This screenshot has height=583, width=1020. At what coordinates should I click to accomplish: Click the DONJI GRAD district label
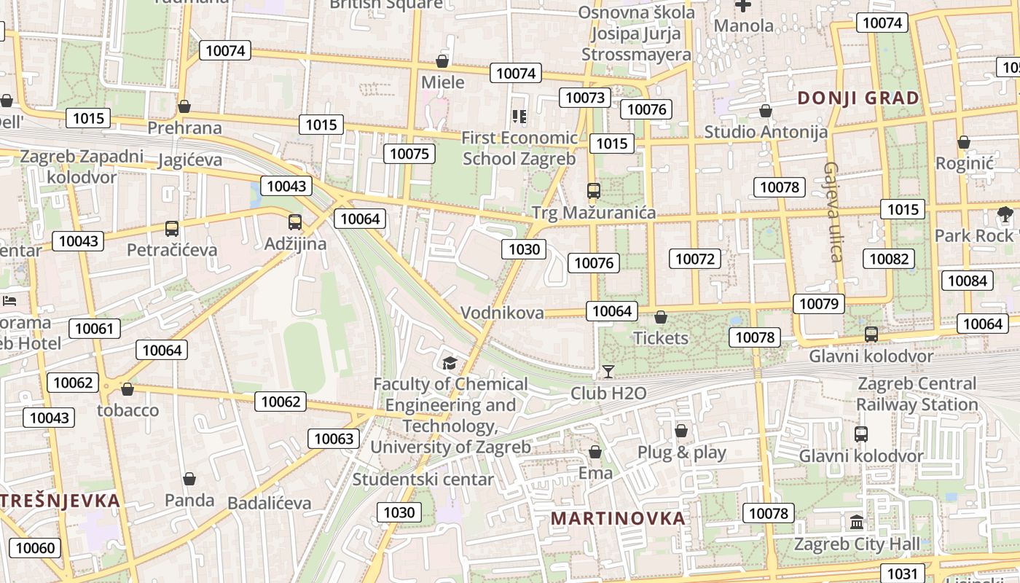click(x=858, y=98)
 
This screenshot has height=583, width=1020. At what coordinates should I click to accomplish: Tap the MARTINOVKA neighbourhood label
click(x=618, y=518)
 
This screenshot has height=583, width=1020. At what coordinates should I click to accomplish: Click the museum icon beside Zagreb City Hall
click(x=857, y=523)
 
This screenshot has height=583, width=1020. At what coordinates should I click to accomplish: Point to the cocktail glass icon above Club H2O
click(x=608, y=372)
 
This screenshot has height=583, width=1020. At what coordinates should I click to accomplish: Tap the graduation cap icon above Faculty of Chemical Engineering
click(x=450, y=362)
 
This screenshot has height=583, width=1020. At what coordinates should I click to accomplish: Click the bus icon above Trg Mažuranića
click(x=594, y=191)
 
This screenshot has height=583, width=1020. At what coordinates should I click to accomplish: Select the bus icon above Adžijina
click(x=294, y=222)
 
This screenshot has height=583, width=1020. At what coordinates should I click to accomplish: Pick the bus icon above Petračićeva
click(x=172, y=229)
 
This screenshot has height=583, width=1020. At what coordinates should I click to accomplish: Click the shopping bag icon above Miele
click(x=442, y=61)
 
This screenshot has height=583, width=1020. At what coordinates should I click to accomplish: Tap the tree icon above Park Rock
click(x=1005, y=214)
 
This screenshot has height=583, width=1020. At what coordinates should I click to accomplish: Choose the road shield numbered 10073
click(x=585, y=98)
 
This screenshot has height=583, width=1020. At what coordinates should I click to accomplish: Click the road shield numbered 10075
click(x=409, y=153)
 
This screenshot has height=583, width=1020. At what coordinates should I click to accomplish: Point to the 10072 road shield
click(x=695, y=259)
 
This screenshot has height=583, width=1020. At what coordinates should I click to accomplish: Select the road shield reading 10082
click(x=889, y=259)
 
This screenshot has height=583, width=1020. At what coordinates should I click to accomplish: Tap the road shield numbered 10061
click(x=95, y=329)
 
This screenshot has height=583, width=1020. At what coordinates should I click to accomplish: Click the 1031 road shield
click(x=903, y=574)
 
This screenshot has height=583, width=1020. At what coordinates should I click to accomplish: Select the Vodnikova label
click(x=502, y=313)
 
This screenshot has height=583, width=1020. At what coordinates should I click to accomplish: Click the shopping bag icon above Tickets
click(x=661, y=317)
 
